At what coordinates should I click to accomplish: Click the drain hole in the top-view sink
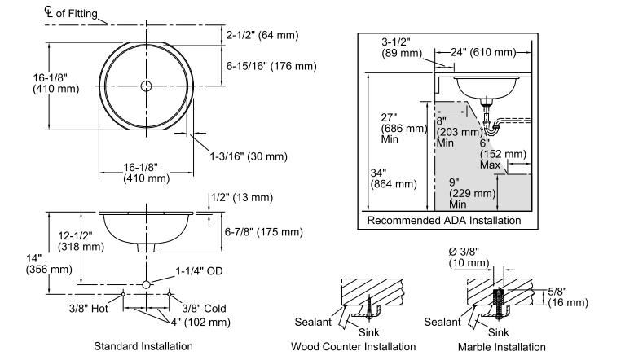(146, 86)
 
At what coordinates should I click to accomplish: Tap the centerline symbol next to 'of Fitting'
(49, 11)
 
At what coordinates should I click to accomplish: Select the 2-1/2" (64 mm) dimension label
(262, 35)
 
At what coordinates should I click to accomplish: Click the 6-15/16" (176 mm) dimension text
(271, 66)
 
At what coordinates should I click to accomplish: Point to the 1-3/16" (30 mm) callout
(249, 156)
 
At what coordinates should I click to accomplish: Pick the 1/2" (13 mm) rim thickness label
(242, 197)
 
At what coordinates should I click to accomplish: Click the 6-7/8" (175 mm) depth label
(264, 232)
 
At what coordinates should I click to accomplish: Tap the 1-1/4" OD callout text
(199, 271)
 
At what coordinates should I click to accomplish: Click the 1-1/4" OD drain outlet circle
(146, 284)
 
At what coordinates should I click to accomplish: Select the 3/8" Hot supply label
(88, 309)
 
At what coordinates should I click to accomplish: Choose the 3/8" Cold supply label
(204, 309)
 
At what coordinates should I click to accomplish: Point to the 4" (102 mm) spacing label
(200, 322)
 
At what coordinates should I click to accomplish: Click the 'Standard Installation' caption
(143, 346)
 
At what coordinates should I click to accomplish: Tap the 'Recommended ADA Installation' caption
(444, 220)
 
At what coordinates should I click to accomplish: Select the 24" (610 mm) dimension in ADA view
(483, 52)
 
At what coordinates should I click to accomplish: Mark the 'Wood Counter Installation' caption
(353, 347)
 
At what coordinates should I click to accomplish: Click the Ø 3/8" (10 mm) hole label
(469, 257)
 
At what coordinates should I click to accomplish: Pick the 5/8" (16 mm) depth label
(568, 297)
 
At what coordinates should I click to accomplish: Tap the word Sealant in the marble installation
(442, 322)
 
